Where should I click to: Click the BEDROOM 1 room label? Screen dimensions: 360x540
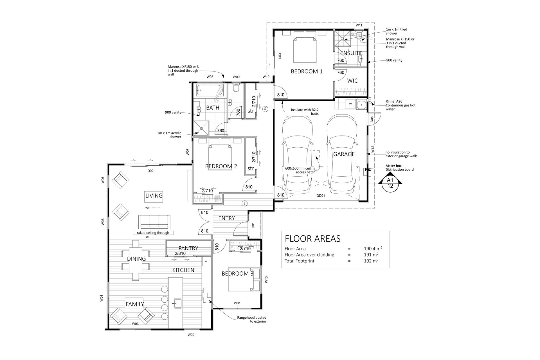point(307,71)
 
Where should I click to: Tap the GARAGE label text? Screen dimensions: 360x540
point(344,154)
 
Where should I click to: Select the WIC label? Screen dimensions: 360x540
point(352,81)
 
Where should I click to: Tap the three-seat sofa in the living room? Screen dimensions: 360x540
point(154,222)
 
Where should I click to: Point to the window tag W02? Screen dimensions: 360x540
point(191,335)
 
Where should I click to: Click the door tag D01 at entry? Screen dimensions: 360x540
point(253,225)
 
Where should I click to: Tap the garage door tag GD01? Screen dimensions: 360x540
point(321,195)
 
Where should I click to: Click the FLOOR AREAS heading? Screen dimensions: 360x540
point(312,239)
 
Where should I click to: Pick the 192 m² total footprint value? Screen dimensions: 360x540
point(371,261)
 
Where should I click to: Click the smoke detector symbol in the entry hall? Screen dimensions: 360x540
point(244,203)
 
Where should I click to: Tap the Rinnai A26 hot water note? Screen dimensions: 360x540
point(400,105)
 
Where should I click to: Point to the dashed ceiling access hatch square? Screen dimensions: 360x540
point(315,155)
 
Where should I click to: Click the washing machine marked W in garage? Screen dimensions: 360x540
point(350,104)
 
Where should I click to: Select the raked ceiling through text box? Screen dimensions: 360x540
point(153,233)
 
